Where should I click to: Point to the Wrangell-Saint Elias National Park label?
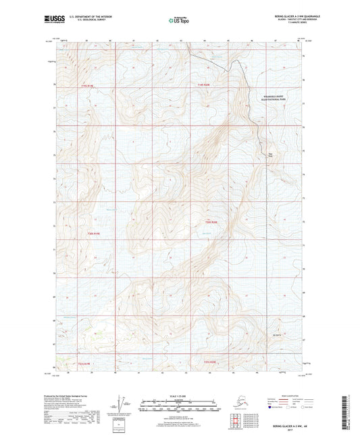(x=275, y=99)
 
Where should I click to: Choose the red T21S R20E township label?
(x=211, y=362)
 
